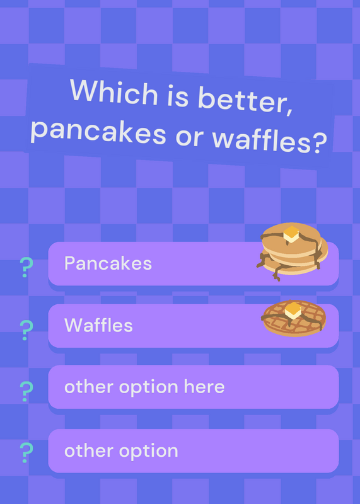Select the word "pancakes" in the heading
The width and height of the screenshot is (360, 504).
point(98,132)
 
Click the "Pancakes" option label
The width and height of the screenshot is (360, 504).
point(108,263)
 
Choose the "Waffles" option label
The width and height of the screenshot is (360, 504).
point(98,325)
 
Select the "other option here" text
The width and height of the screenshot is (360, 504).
point(144,387)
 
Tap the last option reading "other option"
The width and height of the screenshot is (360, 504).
point(121,451)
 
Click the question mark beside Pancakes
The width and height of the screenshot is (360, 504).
point(26,267)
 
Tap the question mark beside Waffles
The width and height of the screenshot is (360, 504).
point(26,330)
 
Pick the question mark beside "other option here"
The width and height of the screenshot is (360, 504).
point(26,391)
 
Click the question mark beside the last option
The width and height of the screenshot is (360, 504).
point(26,452)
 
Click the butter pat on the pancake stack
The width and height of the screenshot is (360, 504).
point(291,234)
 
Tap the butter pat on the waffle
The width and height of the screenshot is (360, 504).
point(293,311)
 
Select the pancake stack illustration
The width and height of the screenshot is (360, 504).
point(292,251)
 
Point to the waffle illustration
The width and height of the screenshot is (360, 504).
point(294,318)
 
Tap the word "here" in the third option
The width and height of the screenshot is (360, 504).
point(204,386)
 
